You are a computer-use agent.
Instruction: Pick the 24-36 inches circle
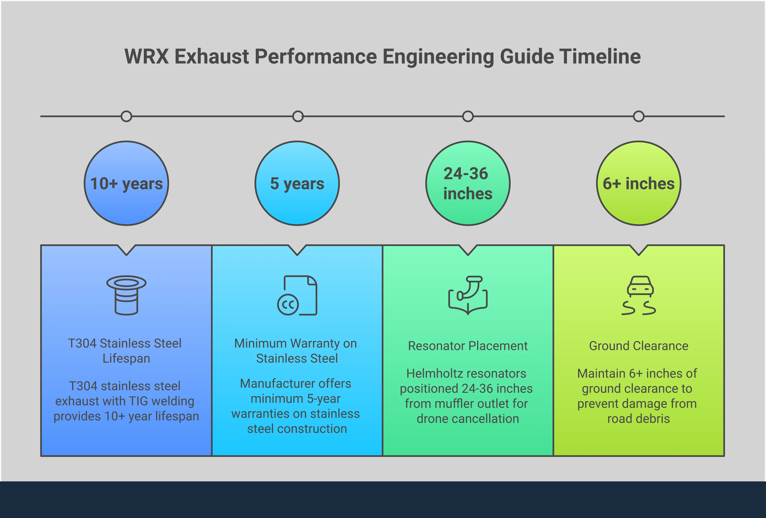468,183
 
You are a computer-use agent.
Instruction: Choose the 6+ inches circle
639,183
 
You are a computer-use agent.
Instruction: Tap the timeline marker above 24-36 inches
468,116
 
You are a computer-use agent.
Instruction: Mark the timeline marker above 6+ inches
639,116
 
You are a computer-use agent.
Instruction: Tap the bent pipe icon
468,295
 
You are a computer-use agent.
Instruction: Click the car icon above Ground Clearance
640,286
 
